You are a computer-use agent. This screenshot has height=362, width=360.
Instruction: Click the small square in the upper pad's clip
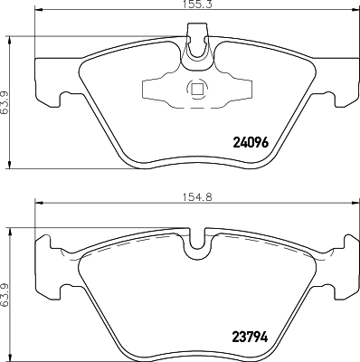click(x=196, y=89)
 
